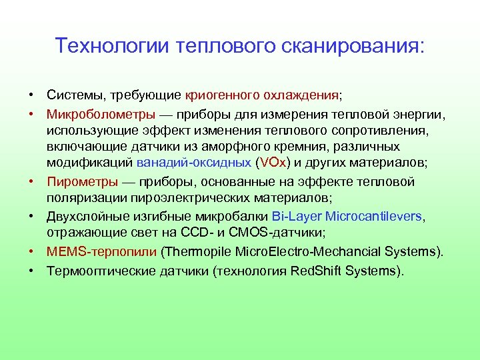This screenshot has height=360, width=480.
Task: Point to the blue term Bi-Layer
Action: click(x=297, y=217)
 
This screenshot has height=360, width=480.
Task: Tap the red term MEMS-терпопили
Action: click(x=102, y=252)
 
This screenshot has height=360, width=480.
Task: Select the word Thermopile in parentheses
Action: click(x=198, y=252)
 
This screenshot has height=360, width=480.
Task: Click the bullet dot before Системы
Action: click(x=31, y=96)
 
